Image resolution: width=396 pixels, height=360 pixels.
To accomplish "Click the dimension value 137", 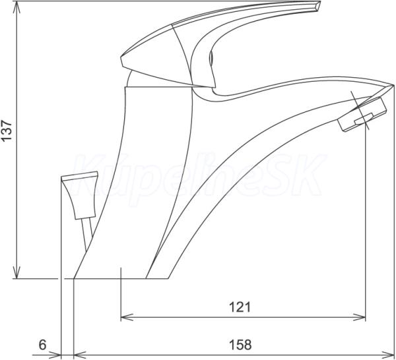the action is tap(7, 131).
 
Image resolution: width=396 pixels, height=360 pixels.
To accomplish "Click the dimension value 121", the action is tap(240, 307).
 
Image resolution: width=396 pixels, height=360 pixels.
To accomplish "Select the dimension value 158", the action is tap(240, 345).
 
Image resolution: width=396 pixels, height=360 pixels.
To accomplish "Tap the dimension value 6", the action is tap(43, 345).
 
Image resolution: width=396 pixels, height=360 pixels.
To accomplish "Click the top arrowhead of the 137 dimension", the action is tap(16, 7).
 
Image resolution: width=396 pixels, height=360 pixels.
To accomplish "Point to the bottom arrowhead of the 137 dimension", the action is tap(16, 272).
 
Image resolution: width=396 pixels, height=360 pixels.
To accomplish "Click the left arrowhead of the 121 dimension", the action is tap(127, 317).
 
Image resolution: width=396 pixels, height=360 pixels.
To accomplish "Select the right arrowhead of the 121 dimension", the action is tap(359, 317).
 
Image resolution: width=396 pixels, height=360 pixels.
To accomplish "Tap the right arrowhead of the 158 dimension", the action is tap(387, 355).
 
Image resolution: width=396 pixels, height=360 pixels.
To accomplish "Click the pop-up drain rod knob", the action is tap(80, 195).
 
